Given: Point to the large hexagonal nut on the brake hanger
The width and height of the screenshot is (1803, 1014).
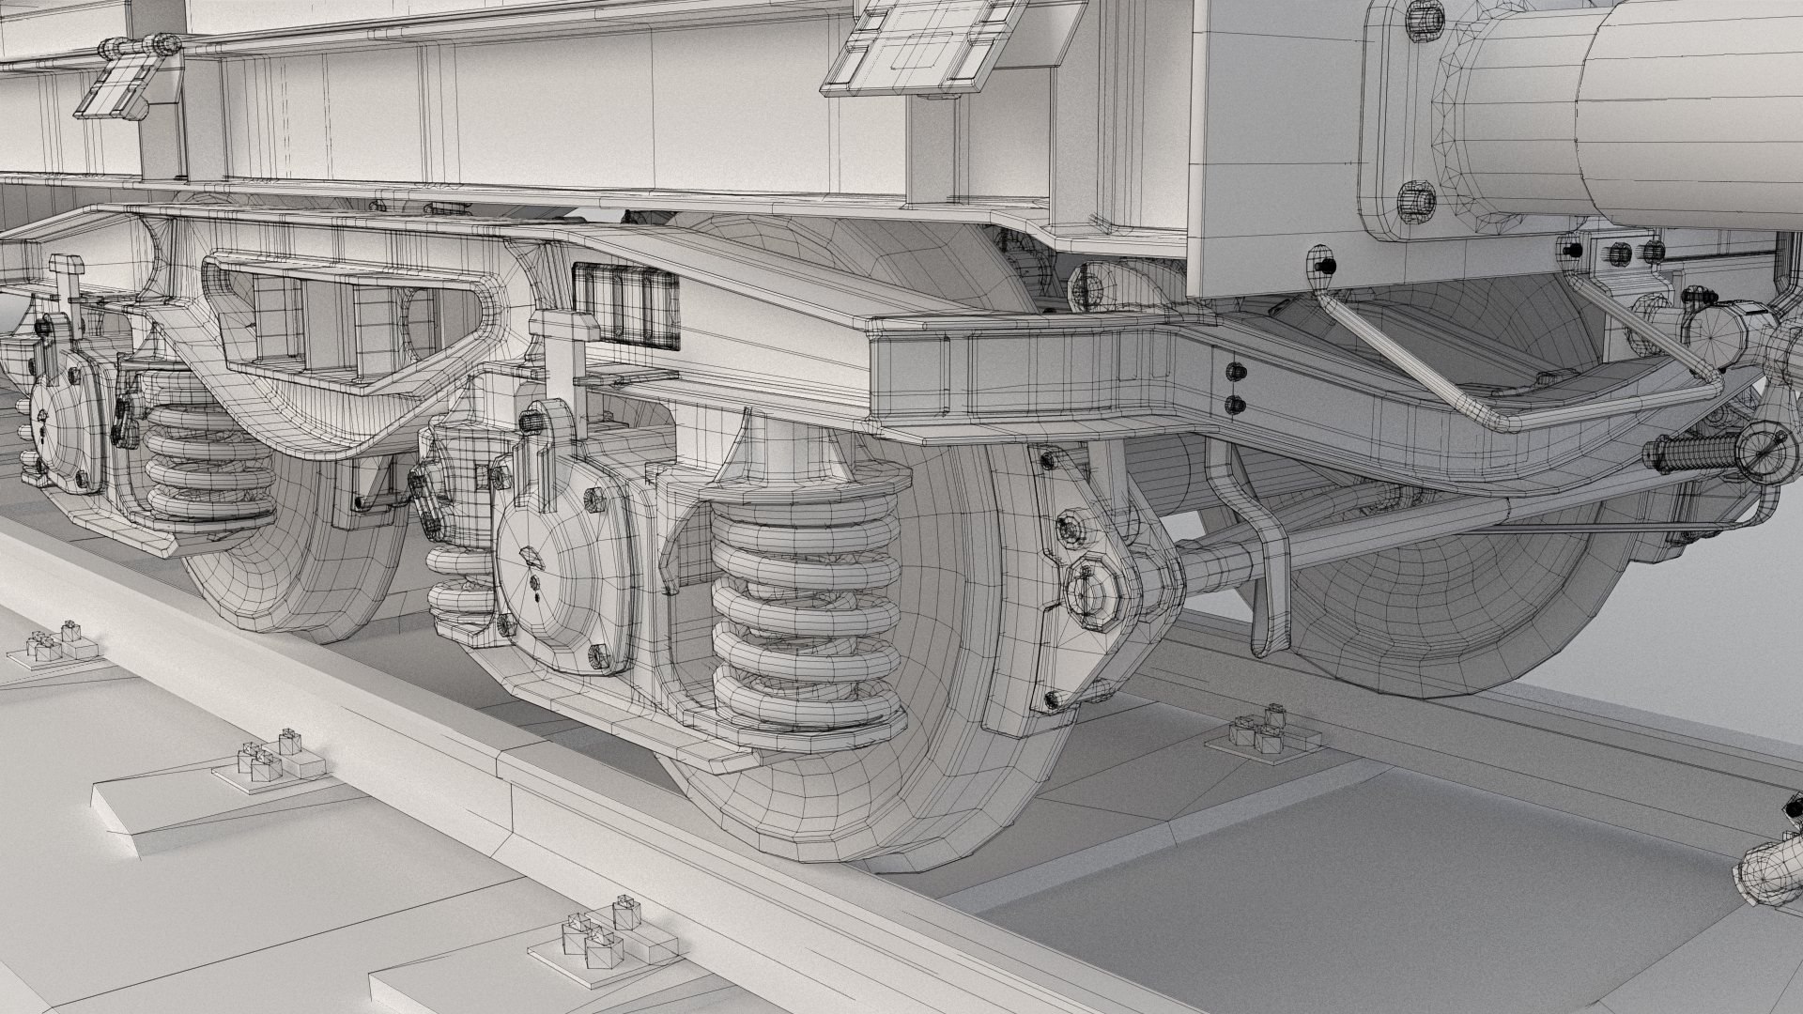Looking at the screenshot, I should pos(1090,591).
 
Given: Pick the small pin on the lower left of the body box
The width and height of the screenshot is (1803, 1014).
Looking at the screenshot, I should pos(1324,266).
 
